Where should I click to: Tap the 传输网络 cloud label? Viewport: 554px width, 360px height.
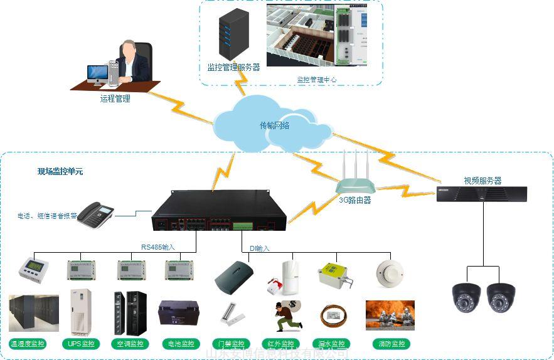coord(274,125)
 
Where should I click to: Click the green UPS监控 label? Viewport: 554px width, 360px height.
coord(81,344)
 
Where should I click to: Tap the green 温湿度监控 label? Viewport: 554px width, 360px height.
coord(28,344)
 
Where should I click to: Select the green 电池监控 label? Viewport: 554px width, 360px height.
coord(179,344)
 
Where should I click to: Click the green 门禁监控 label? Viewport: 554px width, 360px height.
coord(229,344)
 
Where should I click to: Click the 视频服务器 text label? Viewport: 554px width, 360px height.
coord(482,181)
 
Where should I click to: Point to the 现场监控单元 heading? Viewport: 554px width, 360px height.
coord(60,171)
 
